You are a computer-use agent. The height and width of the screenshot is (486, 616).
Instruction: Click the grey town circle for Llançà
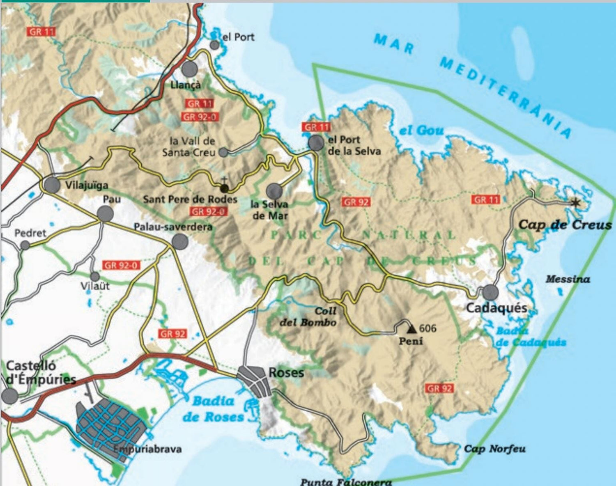point(189,69)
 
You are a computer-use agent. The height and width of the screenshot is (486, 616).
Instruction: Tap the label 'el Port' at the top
point(238,37)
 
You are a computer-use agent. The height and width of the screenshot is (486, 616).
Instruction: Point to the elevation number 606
point(428,328)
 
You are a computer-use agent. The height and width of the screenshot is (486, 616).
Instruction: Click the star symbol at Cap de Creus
point(575,202)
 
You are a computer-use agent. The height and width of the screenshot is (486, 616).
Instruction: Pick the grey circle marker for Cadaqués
point(490,293)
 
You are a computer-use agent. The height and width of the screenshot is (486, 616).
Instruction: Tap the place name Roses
point(286,373)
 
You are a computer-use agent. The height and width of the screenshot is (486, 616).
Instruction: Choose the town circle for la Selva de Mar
point(274,191)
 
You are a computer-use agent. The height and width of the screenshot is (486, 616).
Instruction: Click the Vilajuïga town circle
point(52,185)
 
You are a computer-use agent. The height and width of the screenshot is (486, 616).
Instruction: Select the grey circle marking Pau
point(105,213)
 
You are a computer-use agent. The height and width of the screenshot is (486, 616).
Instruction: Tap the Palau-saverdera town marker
point(180,242)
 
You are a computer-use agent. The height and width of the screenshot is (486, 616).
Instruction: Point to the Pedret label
point(30,233)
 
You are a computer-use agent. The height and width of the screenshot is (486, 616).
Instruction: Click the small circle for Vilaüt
point(95,276)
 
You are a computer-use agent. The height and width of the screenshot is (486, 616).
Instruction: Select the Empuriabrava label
point(147,449)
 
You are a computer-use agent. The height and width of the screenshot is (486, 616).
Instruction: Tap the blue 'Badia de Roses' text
point(213,409)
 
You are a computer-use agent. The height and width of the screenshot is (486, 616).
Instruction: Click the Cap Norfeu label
point(494,449)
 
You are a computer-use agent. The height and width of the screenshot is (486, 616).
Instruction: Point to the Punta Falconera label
point(346,482)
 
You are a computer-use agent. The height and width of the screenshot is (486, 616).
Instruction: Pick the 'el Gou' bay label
point(421,131)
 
